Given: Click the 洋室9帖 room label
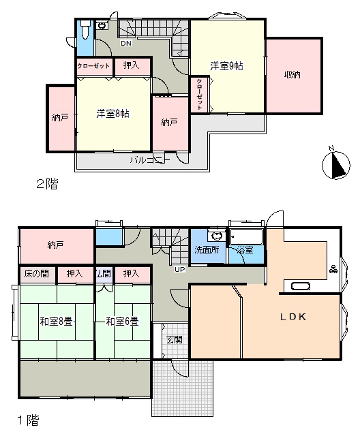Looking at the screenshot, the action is click(x=226, y=66).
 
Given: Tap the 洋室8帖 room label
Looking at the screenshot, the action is click(x=112, y=114).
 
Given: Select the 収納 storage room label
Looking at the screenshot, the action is click(x=292, y=75).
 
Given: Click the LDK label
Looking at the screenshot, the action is click(x=293, y=317).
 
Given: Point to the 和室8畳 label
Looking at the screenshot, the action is click(x=56, y=322).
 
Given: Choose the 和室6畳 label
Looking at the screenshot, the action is click(x=122, y=322).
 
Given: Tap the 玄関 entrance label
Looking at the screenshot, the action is click(x=175, y=339).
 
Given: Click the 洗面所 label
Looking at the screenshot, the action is click(x=207, y=250).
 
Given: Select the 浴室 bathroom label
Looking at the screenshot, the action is click(x=245, y=250).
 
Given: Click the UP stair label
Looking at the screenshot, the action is click(x=180, y=269).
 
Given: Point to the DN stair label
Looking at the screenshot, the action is click(x=126, y=44).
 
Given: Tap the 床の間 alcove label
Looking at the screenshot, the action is click(x=36, y=274).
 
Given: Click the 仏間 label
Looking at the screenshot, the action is click(x=104, y=274).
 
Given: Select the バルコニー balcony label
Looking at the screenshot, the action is click(x=150, y=160).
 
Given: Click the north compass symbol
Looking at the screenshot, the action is click(x=336, y=164).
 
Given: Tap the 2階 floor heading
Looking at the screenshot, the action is click(x=47, y=184).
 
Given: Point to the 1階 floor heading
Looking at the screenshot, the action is click(x=29, y=420).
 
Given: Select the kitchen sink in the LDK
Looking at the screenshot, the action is click(x=301, y=286).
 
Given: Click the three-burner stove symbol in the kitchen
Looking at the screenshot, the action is click(x=333, y=269).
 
